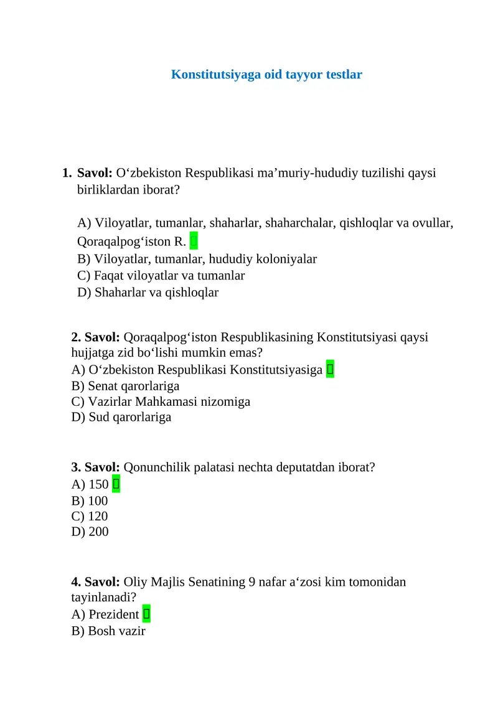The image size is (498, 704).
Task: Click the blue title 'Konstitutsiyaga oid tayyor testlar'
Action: [x=266, y=75]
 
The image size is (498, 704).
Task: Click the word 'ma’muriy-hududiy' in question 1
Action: [x=306, y=173]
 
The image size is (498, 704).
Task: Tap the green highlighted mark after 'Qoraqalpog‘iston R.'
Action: [x=194, y=240]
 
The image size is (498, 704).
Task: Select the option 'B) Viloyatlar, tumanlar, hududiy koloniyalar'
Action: [x=197, y=259]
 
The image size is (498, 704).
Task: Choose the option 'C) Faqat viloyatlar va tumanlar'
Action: [x=161, y=275]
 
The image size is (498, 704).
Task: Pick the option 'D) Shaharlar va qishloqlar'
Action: [x=148, y=292]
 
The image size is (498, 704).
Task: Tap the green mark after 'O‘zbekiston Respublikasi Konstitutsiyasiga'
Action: [x=330, y=370]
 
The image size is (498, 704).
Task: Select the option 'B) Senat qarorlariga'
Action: [x=125, y=386]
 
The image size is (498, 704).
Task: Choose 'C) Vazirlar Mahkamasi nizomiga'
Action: [x=161, y=401]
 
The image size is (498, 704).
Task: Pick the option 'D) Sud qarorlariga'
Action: [x=121, y=417]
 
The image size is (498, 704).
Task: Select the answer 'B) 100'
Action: [x=90, y=500]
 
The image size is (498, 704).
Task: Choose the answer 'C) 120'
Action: [x=90, y=516]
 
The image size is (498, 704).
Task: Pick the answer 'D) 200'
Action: [x=90, y=532]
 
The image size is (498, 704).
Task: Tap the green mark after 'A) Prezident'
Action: [x=146, y=614]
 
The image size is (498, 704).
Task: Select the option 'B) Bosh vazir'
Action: [x=108, y=631]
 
